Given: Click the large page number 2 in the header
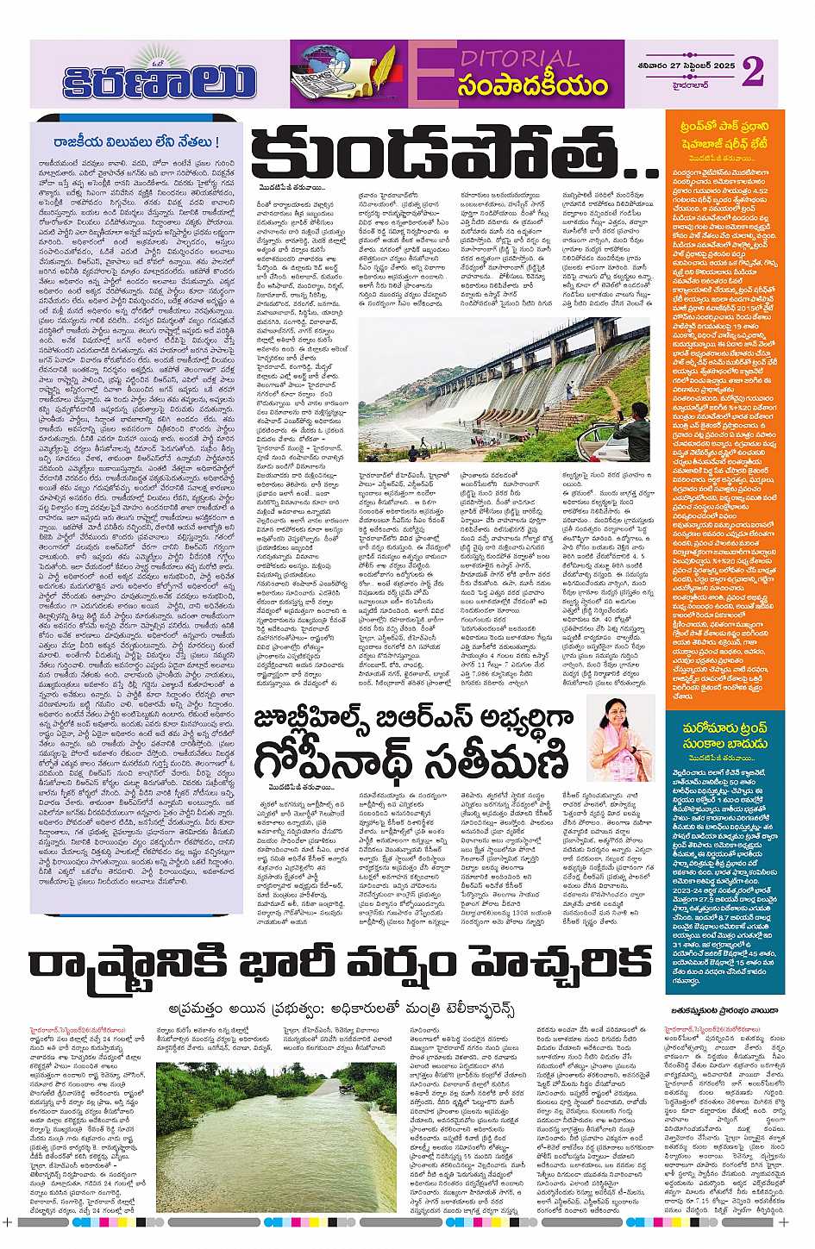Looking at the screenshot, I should click(x=752, y=72).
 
